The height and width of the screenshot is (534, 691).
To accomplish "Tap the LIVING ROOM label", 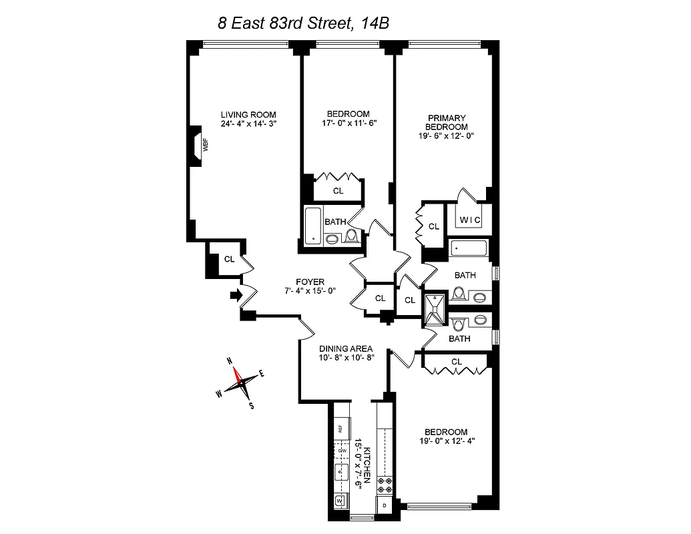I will (x=248, y=114).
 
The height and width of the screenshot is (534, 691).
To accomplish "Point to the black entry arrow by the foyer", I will (x=236, y=294).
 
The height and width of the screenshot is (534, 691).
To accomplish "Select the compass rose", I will (x=240, y=384).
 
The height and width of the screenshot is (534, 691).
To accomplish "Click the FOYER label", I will (x=310, y=282).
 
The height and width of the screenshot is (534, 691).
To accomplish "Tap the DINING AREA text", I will (x=345, y=348).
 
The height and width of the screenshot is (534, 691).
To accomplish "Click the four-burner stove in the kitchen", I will (x=386, y=485).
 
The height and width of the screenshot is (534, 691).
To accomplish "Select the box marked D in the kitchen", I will (x=385, y=506).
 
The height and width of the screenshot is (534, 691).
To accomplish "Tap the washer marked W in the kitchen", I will (x=340, y=500).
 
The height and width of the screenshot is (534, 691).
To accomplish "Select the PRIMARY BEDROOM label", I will (x=447, y=122).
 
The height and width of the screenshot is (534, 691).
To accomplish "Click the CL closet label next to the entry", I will (x=229, y=259).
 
